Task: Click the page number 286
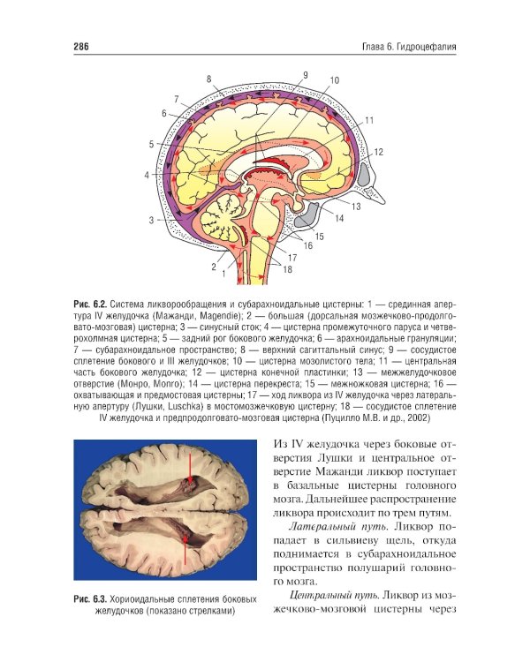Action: point(81,47)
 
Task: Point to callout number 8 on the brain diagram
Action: point(208,79)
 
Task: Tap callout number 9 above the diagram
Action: point(305,75)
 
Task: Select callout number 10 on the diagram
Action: point(334,80)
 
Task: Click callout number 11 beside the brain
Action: point(369,121)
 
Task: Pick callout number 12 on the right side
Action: point(378,152)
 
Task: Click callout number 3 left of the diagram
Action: point(151,220)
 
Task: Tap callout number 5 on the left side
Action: point(151,145)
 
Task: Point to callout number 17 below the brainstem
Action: point(292,258)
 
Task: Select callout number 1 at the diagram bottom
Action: point(223,274)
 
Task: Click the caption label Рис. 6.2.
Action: point(89,305)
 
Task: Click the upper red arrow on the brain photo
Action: point(191,468)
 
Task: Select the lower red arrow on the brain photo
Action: point(185,549)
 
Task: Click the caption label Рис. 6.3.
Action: point(89,599)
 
